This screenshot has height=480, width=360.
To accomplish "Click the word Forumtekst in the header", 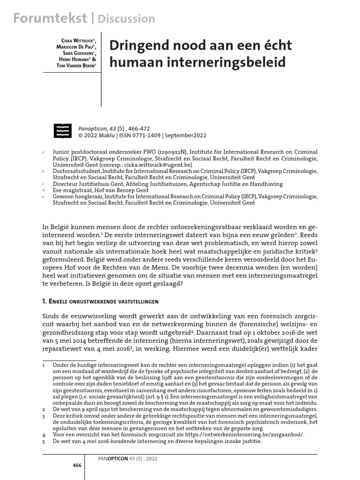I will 50,18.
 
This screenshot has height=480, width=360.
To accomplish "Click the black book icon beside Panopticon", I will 63,132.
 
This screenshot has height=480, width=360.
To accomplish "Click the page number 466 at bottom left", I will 77,465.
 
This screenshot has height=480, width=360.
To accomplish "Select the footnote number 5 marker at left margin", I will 44,442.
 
